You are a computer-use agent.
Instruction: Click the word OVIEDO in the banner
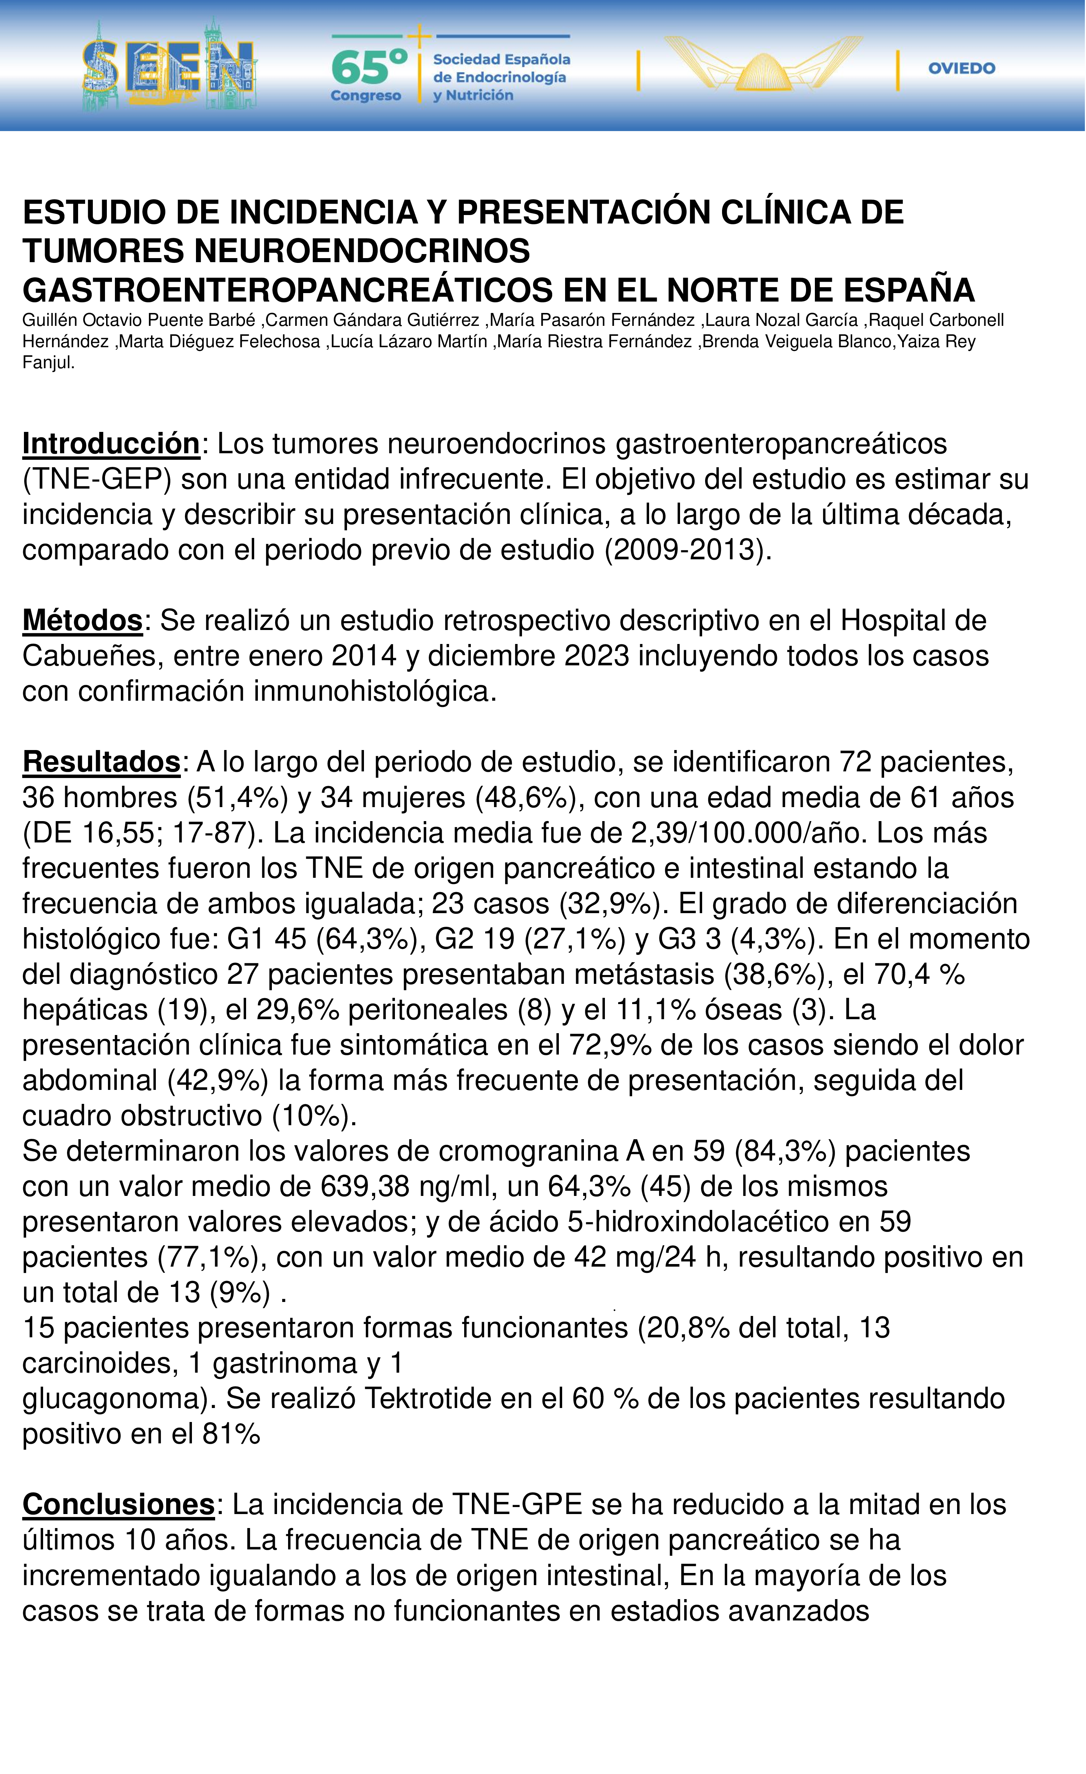click(961, 68)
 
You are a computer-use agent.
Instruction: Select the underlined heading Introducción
click(111, 444)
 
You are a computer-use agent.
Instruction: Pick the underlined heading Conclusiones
click(118, 1505)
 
